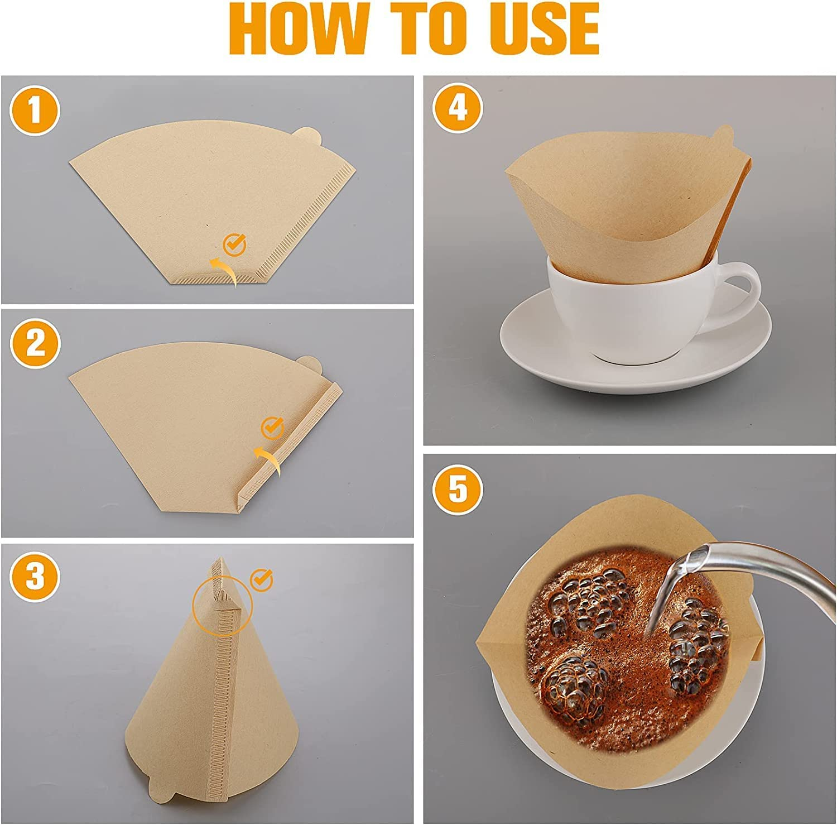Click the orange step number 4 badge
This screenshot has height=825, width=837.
458,109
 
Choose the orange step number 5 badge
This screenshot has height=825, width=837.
458,490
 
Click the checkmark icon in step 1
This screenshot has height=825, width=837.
234,244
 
